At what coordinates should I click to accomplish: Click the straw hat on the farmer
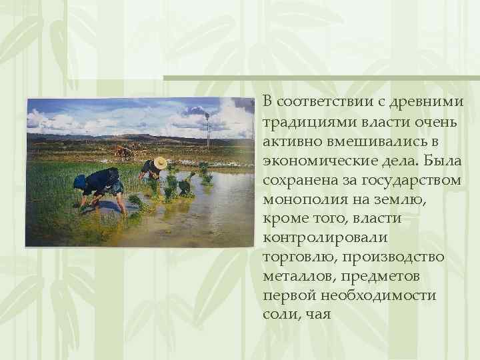(x=160, y=163)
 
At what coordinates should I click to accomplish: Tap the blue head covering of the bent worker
(x=80, y=181)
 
